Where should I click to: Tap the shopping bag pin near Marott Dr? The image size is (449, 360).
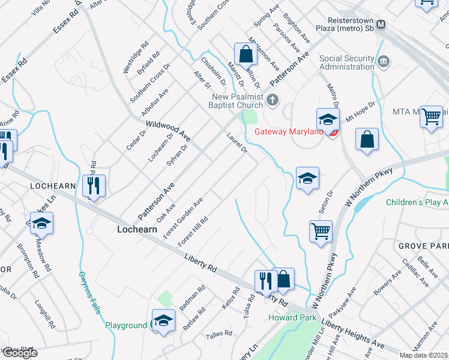[x=245, y=55]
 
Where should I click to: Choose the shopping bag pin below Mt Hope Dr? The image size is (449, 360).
[x=367, y=140]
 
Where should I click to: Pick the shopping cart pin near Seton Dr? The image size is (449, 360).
[x=321, y=230]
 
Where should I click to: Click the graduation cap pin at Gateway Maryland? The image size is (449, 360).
[x=328, y=118]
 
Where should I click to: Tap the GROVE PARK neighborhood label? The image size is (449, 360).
[x=423, y=246]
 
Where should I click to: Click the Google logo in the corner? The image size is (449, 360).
[x=19, y=353]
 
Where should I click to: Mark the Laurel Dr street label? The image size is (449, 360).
[x=237, y=142]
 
